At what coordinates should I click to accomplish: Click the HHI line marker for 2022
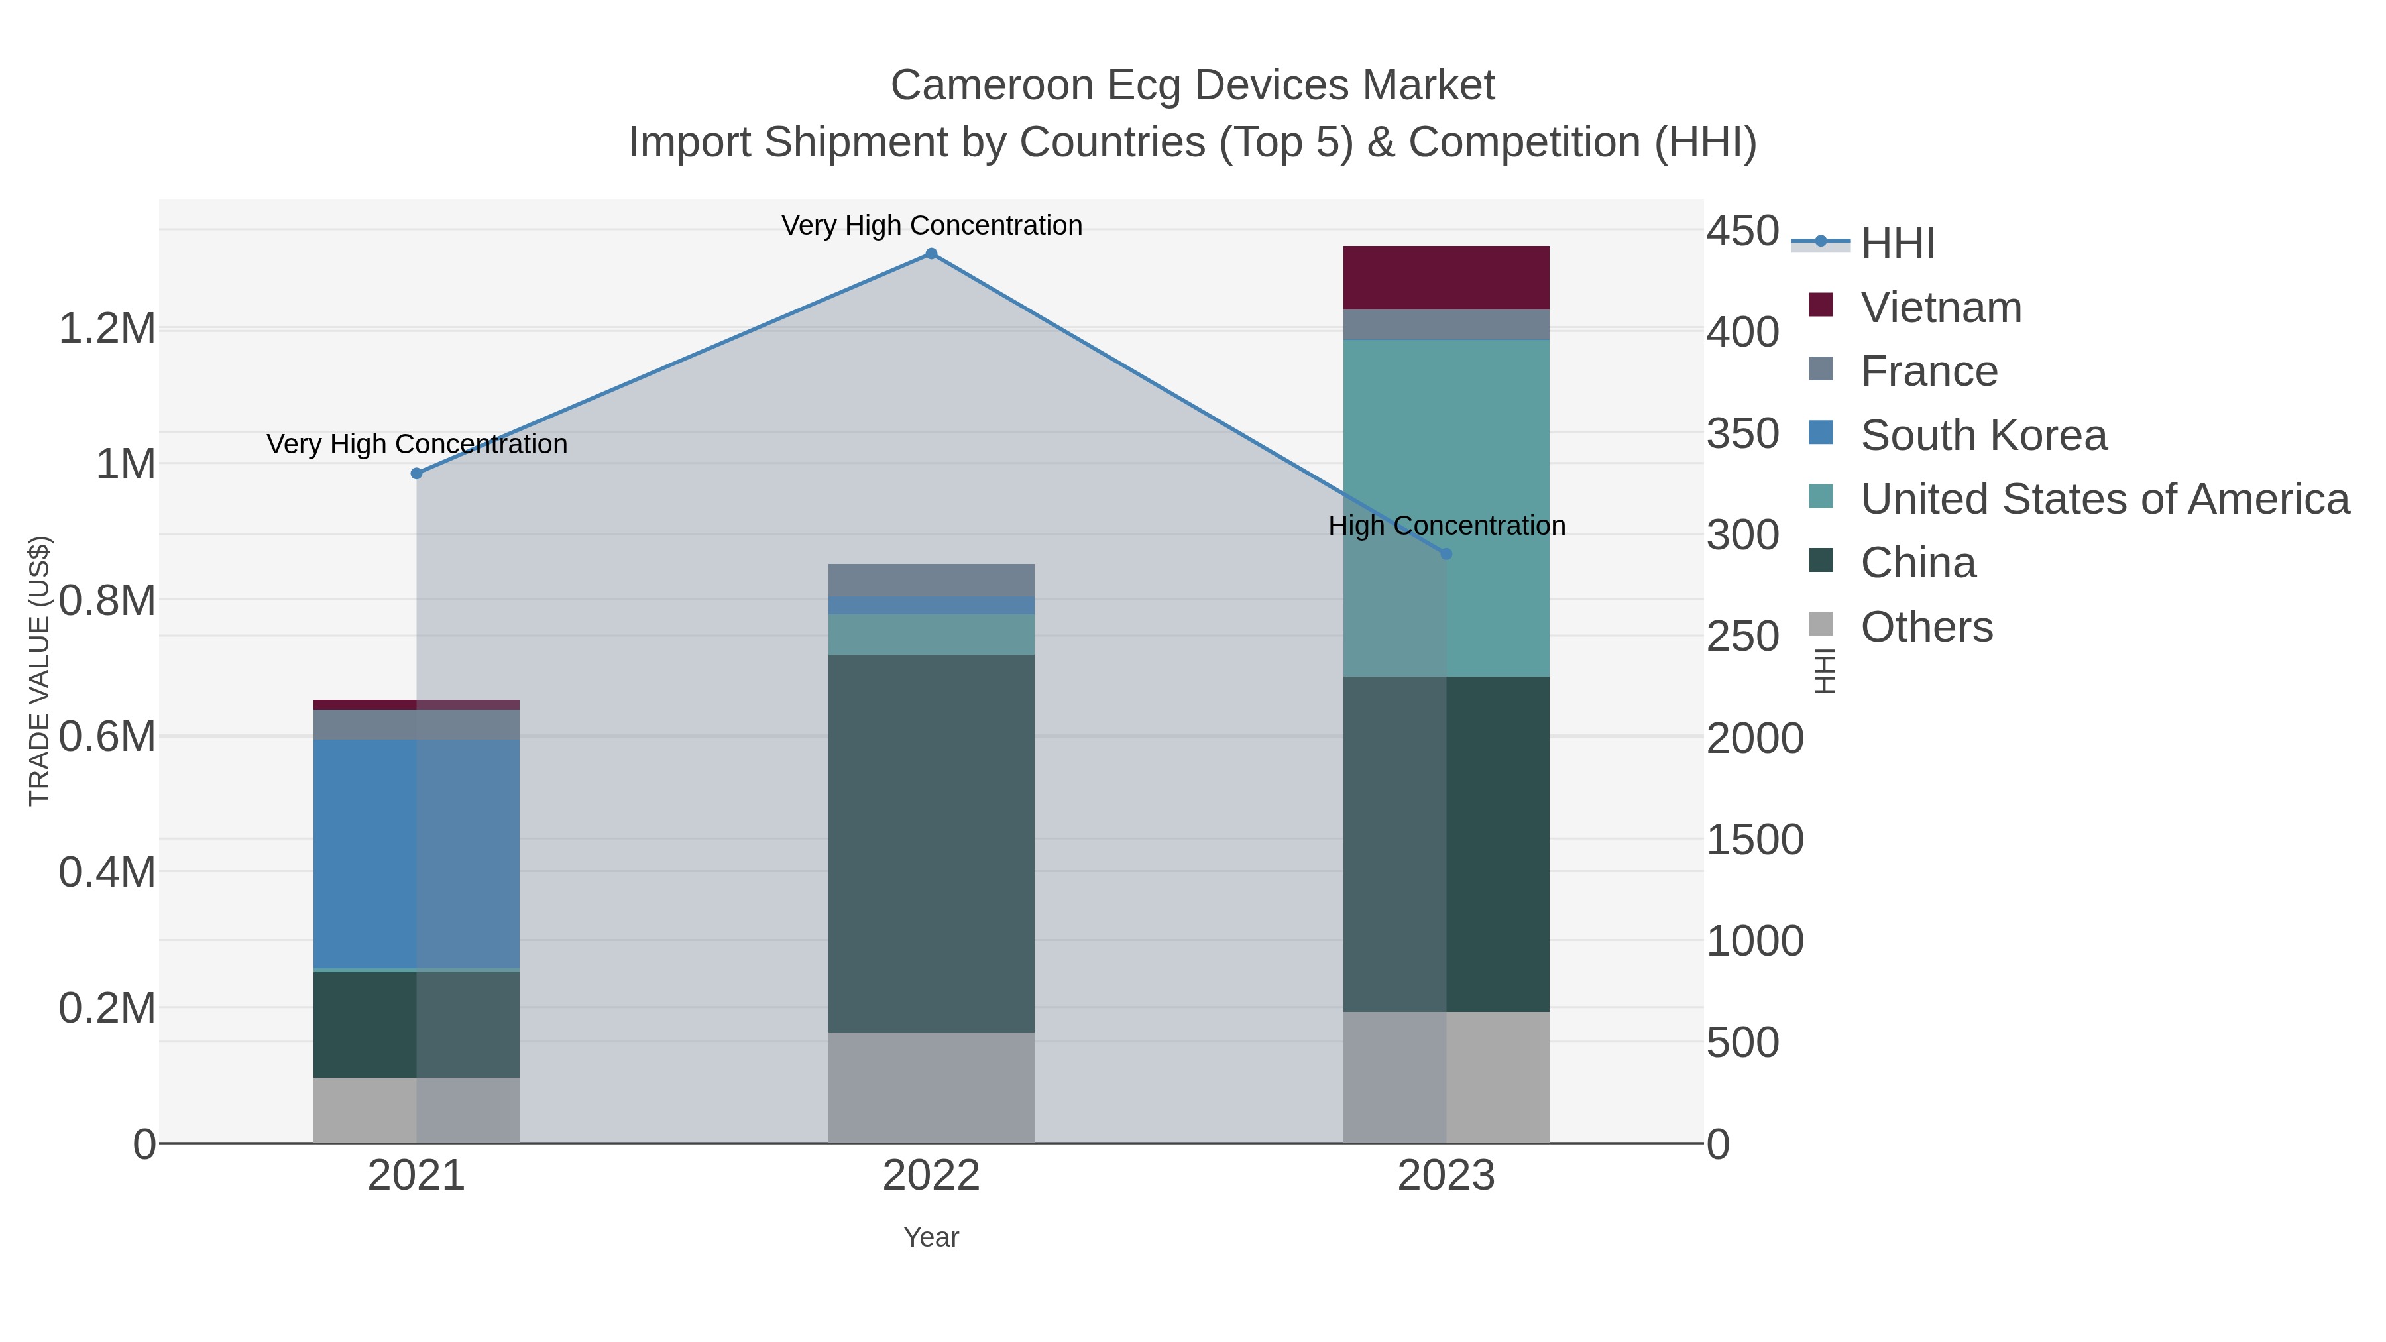[x=931, y=254]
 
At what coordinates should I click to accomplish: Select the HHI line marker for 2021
[x=416, y=473]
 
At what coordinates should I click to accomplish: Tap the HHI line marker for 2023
[x=1446, y=554]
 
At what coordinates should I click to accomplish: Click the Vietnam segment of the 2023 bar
[x=1446, y=277]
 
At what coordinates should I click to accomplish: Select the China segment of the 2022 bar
[x=931, y=843]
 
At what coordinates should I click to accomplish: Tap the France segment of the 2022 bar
[x=931, y=580]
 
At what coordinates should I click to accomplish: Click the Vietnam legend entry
[x=1941, y=308]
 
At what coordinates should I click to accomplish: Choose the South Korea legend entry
[x=1983, y=435]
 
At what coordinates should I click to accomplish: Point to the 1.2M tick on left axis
[x=107, y=329]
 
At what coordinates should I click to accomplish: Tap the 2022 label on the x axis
[x=931, y=1176]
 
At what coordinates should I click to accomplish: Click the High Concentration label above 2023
[x=1446, y=525]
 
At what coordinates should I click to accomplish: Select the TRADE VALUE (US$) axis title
[x=40, y=671]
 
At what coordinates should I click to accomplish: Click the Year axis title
[x=931, y=1237]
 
